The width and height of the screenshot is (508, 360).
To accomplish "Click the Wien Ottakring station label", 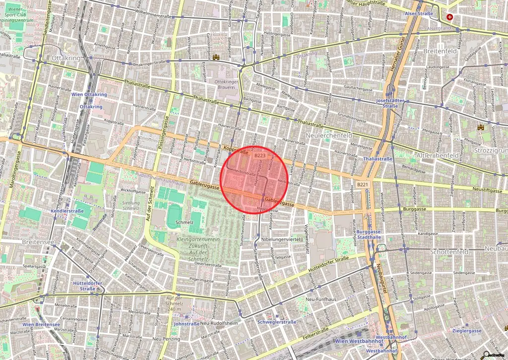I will point(89,94).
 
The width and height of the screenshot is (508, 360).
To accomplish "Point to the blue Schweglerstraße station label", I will point(277,322).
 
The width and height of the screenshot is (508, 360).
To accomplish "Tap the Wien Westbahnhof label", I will point(359,341).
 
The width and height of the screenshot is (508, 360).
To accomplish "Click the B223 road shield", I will point(259,155).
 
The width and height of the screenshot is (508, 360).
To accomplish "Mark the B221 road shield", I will point(363,184).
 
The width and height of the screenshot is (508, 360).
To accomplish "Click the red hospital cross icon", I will point(450,17).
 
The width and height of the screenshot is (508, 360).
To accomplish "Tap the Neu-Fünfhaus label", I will point(318,299).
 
